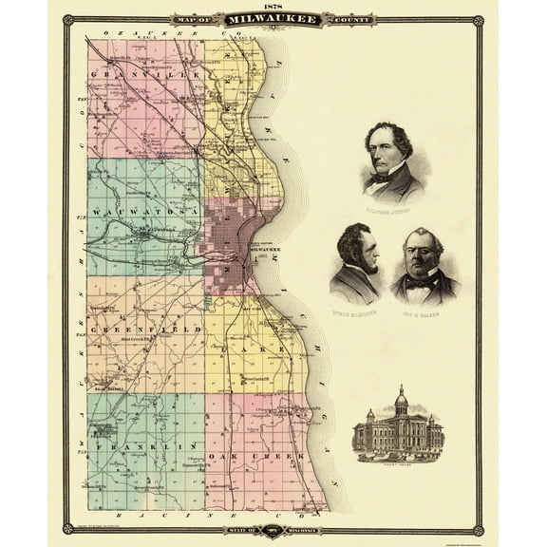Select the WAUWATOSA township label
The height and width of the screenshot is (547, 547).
142,210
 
